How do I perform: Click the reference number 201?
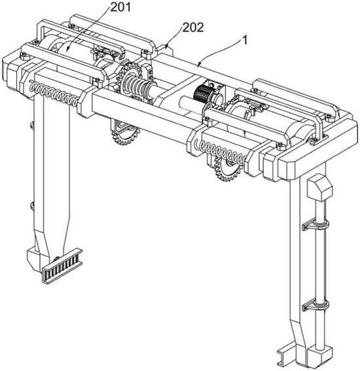tap(120, 7)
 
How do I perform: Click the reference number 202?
tap(193, 27)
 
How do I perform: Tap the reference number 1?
tap(245, 40)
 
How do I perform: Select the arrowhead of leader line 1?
tap(200, 64)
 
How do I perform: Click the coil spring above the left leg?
tap(54, 94)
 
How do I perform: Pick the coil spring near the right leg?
tap(221, 150)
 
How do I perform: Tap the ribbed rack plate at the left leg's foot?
tap(62, 266)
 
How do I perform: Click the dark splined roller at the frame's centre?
tap(200, 93)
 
